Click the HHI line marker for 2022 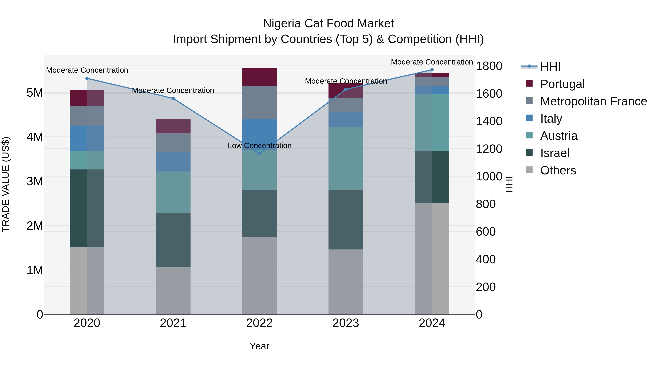click(x=259, y=154)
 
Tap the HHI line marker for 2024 click(x=432, y=70)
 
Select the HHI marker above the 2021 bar click(x=173, y=98)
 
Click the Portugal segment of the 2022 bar click(x=259, y=77)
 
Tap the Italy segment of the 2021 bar click(x=173, y=161)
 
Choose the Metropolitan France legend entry click(x=593, y=101)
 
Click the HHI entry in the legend click(x=550, y=67)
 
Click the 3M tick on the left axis click(x=35, y=181)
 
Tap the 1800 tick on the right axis click(x=489, y=66)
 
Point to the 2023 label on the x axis click(x=346, y=323)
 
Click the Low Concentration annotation click(x=259, y=146)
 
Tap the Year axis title click(x=259, y=346)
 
